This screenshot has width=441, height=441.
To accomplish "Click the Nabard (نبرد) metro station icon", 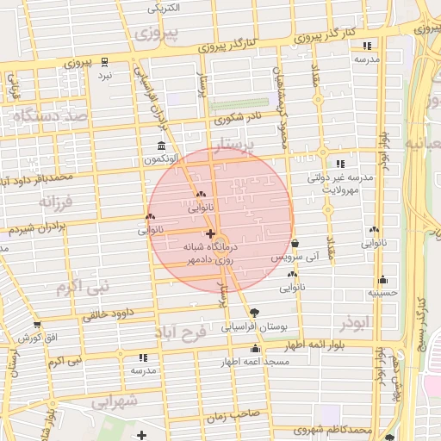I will [105, 62].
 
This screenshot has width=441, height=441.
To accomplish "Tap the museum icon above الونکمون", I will [161, 146].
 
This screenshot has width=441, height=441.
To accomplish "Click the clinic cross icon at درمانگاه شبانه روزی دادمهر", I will [210, 233].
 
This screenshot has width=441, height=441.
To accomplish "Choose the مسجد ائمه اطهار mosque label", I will [254, 362].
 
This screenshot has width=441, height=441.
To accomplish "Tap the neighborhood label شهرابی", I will [114, 401].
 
